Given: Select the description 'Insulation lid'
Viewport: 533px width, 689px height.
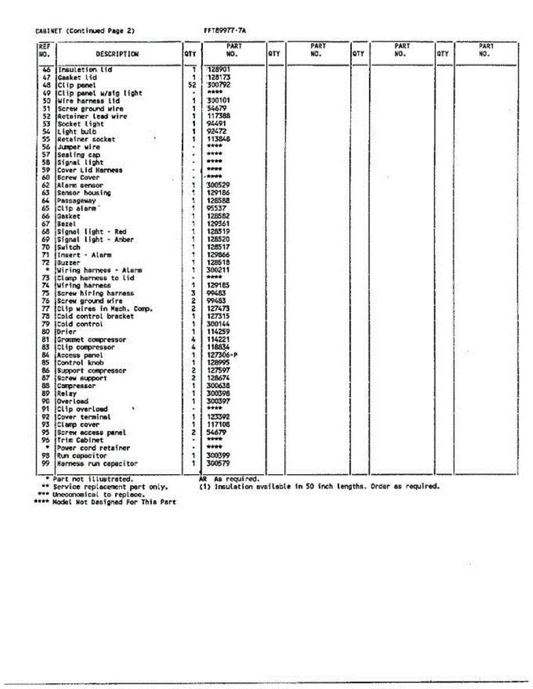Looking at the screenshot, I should click(85, 69).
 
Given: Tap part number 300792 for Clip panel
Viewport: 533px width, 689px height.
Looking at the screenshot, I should click(218, 85).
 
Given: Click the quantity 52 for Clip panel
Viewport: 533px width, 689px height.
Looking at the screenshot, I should click(193, 85).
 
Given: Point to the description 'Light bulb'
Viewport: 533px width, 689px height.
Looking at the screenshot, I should click(76, 131).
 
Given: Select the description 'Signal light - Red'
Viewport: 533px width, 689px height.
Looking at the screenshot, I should click(91, 232).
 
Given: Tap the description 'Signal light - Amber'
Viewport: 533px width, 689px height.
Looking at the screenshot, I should click(95, 239).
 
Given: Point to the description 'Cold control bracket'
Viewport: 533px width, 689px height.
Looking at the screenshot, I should click(95, 316).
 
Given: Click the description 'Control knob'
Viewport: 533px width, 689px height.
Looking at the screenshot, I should click(80, 363).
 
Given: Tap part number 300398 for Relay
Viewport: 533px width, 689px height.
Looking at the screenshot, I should click(218, 394).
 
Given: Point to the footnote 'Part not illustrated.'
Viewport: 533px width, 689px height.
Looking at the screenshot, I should click(93, 478).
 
